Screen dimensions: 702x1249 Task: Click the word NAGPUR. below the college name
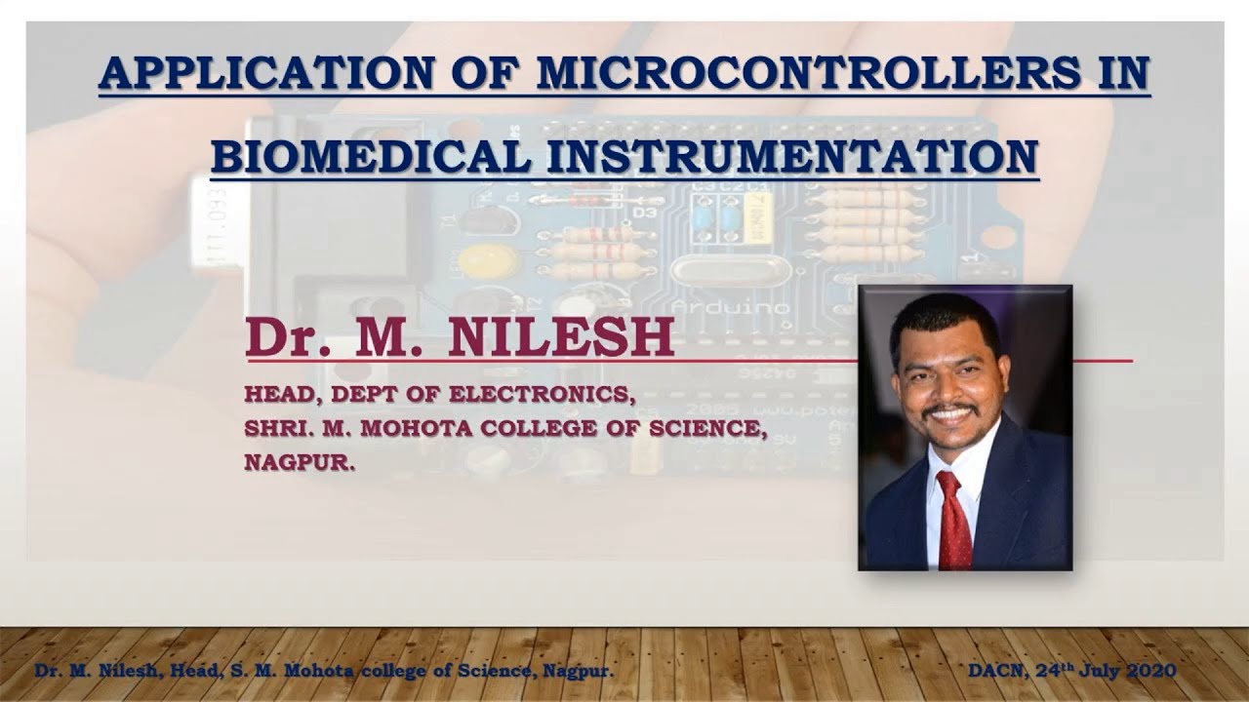[x=300, y=463]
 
